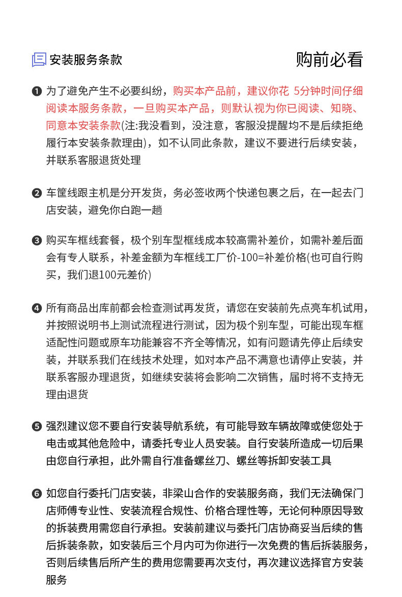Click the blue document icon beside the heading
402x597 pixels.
tap(39, 60)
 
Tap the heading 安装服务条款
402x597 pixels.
tap(85, 60)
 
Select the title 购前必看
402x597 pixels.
tap(329, 60)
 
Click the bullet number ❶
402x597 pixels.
tap(36, 92)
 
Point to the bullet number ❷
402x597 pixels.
tap(36, 193)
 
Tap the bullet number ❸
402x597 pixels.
tap(36, 241)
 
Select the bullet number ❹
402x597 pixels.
tap(36, 309)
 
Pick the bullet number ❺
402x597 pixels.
tap(36, 427)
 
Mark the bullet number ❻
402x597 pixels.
tap(36, 494)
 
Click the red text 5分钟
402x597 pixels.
tap(308, 92)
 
